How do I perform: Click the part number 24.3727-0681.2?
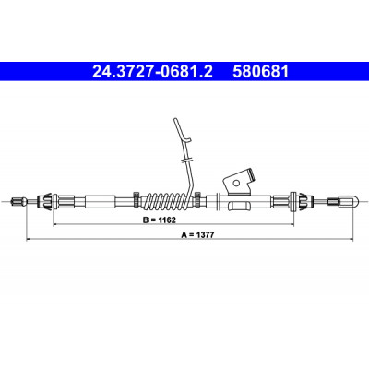click(x=152, y=72)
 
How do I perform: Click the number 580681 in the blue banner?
click(x=261, y=72)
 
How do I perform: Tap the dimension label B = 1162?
click(x=159, y=220)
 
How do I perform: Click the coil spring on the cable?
click(x=167, y=201)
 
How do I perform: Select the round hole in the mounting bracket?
click(x=236, y=184)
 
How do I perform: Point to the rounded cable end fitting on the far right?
click(x=343, y=202)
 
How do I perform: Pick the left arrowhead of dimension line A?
click(x=29, y=239)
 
